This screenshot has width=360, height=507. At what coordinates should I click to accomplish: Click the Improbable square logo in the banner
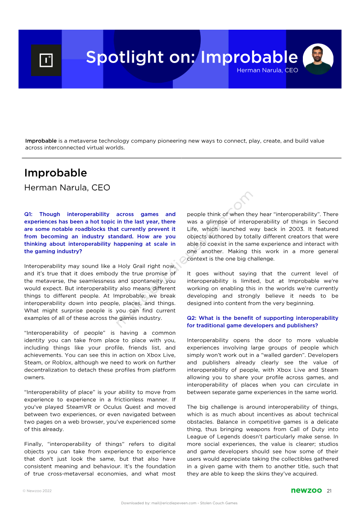click(46, 60)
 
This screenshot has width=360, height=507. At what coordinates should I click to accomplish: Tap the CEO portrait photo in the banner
click(318, 59)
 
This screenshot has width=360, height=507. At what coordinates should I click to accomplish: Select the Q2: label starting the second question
click(193, 318)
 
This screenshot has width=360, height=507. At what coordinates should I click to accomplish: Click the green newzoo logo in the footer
click(306, 490)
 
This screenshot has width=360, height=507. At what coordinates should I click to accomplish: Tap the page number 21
click(329, 490)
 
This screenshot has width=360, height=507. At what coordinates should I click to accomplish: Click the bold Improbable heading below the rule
click(55, 173)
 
